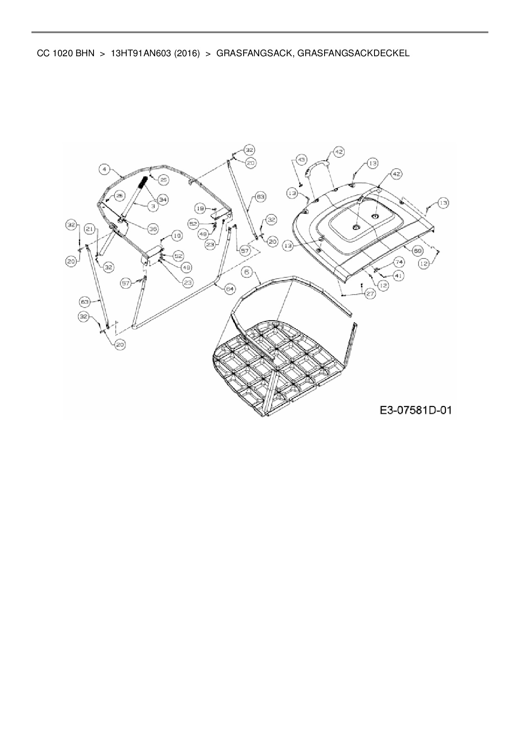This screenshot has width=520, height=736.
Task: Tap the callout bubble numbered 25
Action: coord(163,180)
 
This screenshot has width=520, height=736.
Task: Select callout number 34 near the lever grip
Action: coord(163,200)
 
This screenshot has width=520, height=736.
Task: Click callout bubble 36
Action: coord(153,229)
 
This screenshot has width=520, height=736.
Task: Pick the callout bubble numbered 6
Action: coord(247,272)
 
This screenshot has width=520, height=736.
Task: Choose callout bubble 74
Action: coord(399,262)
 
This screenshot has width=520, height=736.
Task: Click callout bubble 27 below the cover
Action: coord(370,294)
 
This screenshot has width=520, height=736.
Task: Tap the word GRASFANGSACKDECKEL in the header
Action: coord(354,53)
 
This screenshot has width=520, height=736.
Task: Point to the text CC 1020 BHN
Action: coord(65,53)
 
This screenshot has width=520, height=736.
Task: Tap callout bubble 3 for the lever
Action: coord(153,206)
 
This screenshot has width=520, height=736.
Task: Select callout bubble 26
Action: coord(119,195)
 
